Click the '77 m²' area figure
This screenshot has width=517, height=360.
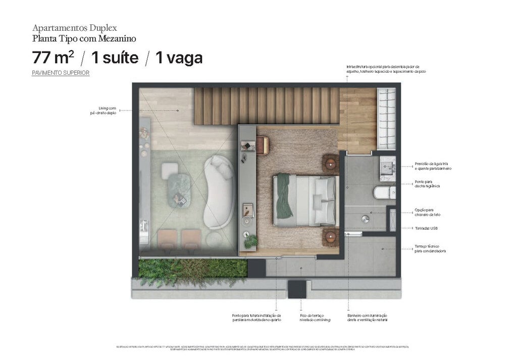pos(54,58)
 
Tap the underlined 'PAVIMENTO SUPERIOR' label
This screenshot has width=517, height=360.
pos(61,73)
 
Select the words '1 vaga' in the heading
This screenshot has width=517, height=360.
pos(179,58)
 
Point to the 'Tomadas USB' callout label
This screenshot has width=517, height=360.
pos(426,228)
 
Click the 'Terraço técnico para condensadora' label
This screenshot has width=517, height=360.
pos(430,248)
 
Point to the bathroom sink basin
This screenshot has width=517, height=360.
pos(388,165)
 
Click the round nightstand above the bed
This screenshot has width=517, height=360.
pos(331,163)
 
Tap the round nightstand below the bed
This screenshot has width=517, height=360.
pos(331,236)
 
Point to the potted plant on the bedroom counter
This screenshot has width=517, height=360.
pos(250,241)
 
